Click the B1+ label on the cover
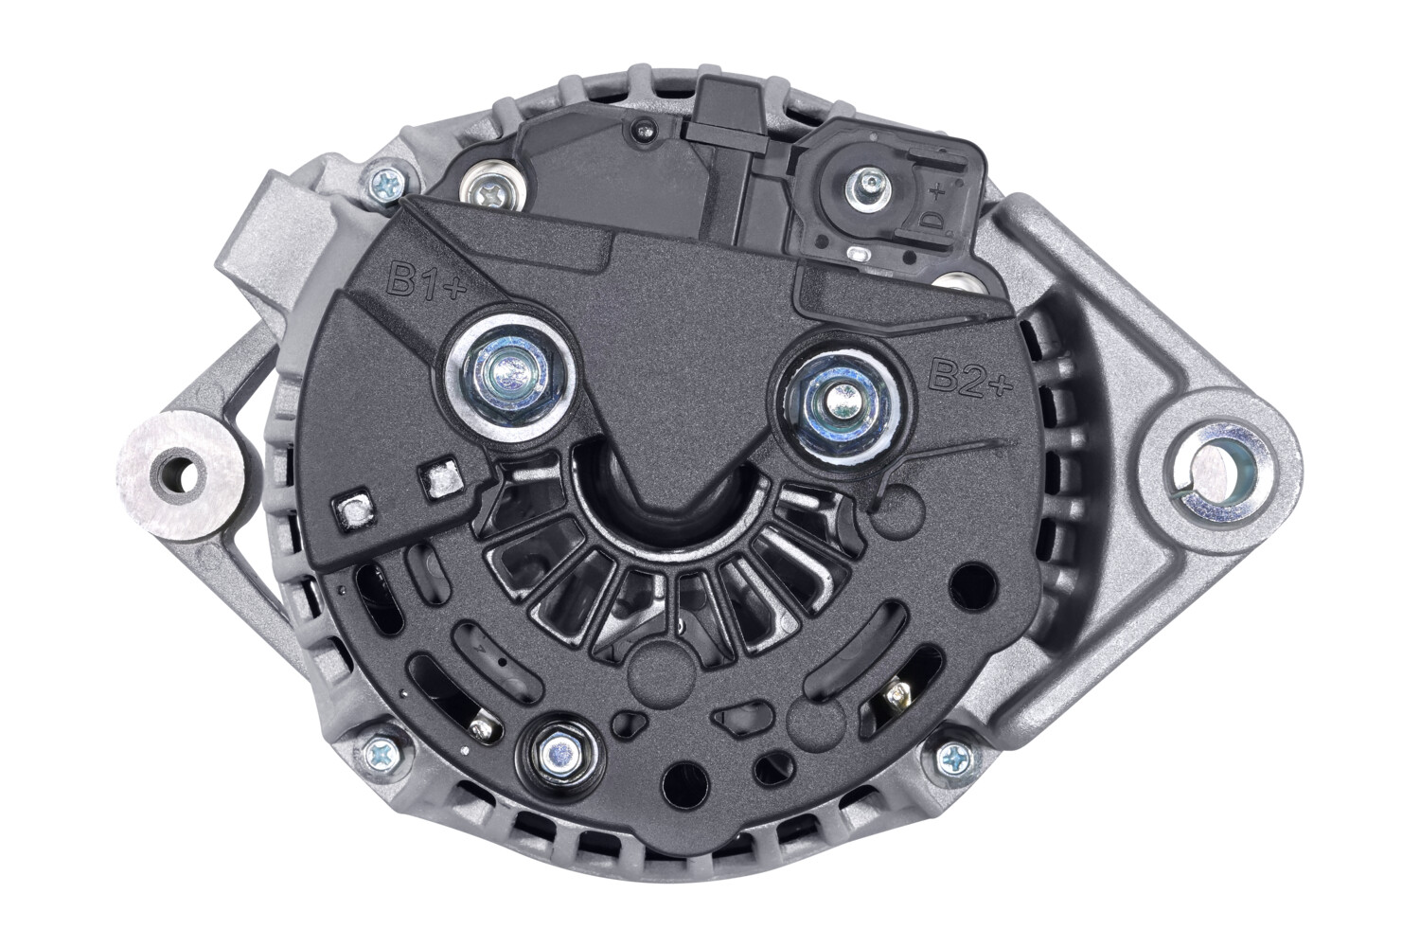pos(426,281)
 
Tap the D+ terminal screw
pos(868,188)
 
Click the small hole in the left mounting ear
pos(178,474)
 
